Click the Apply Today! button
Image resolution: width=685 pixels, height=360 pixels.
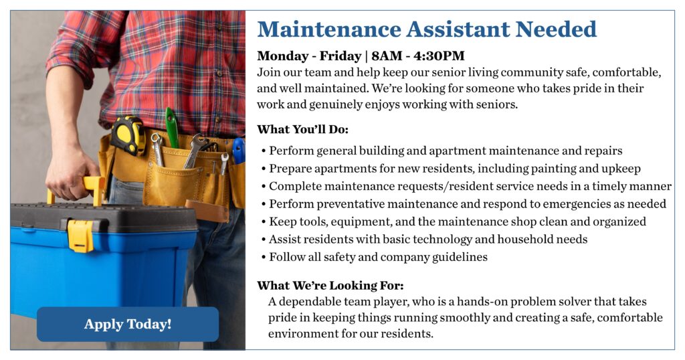pos(128,324)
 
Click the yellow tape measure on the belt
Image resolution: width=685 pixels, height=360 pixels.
pos(128,135)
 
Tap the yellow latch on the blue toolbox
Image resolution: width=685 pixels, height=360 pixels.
pos(80,236)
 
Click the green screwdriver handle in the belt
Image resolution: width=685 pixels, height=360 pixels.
pos(172,128)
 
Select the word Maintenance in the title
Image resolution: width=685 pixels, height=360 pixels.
pos(329,29)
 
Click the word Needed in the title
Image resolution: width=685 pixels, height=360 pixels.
pos(556,29)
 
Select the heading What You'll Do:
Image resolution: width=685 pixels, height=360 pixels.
pos(303,129)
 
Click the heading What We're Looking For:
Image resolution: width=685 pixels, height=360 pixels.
pos(330,286)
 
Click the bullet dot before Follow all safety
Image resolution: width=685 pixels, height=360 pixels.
pos(264,258)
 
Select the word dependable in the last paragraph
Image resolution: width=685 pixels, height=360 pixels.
pos(310,302)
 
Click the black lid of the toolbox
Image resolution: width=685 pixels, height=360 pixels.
pos(102,217)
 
